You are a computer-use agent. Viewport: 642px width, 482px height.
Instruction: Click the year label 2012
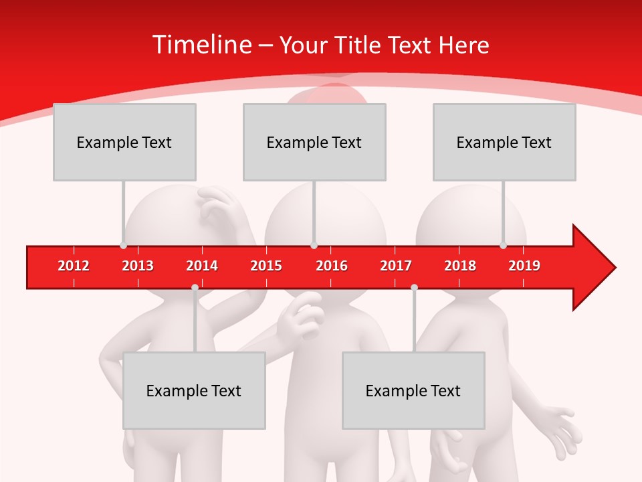tap(74, 266)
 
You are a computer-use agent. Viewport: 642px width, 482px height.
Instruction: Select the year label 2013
tap(138, 266)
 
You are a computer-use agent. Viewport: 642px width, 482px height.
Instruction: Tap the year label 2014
tap(202, 266)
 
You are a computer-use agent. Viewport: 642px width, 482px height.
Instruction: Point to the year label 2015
tap(266, 266)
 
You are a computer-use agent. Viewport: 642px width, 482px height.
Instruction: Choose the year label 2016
tap(332, 266)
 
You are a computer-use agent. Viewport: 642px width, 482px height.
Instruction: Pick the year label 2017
tap(396, 266)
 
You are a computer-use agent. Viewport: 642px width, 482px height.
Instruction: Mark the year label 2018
tap(460, 266)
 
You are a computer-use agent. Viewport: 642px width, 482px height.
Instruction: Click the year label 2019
tap(524, 266)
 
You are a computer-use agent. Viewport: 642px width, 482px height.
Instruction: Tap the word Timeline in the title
tap(201, 45)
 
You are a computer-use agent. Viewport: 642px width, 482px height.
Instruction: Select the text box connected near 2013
tap(124, 142)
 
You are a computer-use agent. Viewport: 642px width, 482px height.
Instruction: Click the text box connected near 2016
tap(314, 142)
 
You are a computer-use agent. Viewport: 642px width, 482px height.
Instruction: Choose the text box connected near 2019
tap(504, 142)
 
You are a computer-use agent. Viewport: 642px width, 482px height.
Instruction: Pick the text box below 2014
tap(194, 390)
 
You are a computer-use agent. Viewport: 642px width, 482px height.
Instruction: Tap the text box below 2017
tap(413, 390)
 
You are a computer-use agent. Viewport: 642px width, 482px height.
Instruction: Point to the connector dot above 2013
tap(123, 246)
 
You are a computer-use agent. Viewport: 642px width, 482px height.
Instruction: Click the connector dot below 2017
tap(414, 287)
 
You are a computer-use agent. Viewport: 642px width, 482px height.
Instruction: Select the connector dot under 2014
tap(195, 287)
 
